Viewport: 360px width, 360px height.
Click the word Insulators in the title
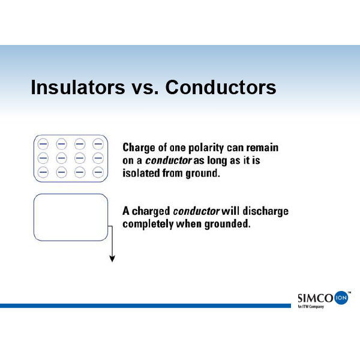coord(78,87)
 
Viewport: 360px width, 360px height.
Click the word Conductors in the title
coord(221,87)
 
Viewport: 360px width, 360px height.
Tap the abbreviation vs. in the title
coord(145,89)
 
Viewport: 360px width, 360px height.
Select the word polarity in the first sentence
coord(206,148)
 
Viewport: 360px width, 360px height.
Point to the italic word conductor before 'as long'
coord(169,160)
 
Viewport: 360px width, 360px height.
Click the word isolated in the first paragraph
coord(141,173)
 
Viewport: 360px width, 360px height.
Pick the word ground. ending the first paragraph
coord(203,174)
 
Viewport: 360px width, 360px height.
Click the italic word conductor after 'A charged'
coord(197,211)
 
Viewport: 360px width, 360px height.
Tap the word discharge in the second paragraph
coord(265,211)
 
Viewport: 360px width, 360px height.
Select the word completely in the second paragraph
coord(148,224)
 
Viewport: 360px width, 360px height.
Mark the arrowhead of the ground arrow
coord(112,259)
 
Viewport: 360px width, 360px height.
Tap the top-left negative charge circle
coord(43,144)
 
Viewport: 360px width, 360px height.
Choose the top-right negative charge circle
coord(98,144)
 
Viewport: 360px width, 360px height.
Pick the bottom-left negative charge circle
coord(43,172)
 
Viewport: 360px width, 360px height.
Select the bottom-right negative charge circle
coord(98,172)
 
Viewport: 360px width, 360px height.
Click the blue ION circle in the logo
coord(341,298)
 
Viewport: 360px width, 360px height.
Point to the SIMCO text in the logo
coord(315,298)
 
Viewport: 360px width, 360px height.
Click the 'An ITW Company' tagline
coord(311,307)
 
